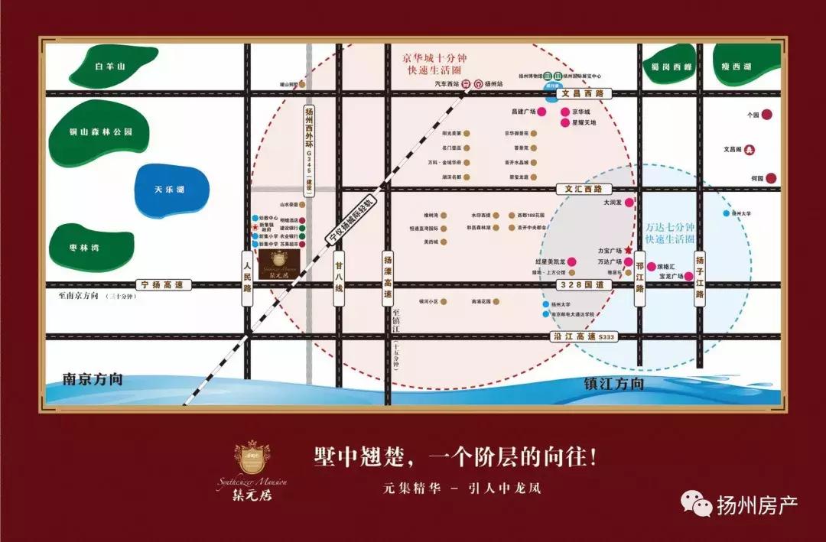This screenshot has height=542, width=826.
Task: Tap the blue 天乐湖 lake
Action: [169, 189]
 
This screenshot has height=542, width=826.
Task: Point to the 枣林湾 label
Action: [85, 247]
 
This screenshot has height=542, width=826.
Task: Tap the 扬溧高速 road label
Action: [388, 278]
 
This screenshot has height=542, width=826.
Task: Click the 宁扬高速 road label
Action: [163, 284]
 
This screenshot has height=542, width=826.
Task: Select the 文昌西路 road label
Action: [584, 93]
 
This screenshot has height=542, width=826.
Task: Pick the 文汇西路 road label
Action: [584, 188]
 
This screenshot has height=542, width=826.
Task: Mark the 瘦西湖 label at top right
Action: [737, 67]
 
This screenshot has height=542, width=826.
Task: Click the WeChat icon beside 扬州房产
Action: [696, 503]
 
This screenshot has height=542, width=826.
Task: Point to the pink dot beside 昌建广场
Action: [541, 112]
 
